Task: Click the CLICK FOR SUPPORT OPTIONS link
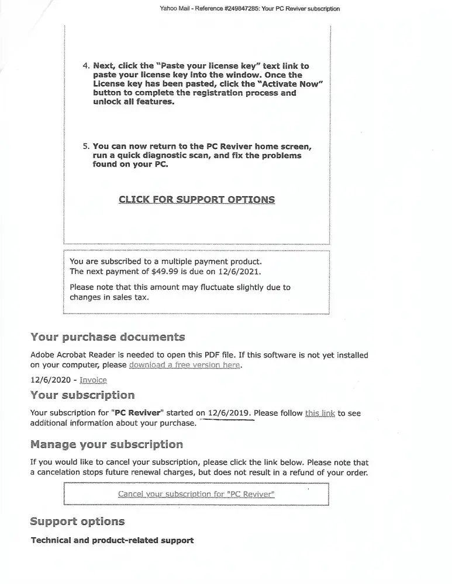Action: coord(196,200)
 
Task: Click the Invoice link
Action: coord(93,380)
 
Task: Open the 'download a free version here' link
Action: coord(185,365)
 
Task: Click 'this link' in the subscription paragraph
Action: coord(320,413)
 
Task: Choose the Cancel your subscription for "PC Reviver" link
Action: coord(196,494)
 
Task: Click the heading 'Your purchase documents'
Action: coord(108,337)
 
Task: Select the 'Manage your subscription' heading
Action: coord(106,444)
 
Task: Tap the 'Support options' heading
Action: coord(77,521)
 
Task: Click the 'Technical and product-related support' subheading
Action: coord(112,540)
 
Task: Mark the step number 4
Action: coord(85,66)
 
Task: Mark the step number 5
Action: coord(85,147)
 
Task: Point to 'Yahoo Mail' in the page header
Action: coord(173,9)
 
